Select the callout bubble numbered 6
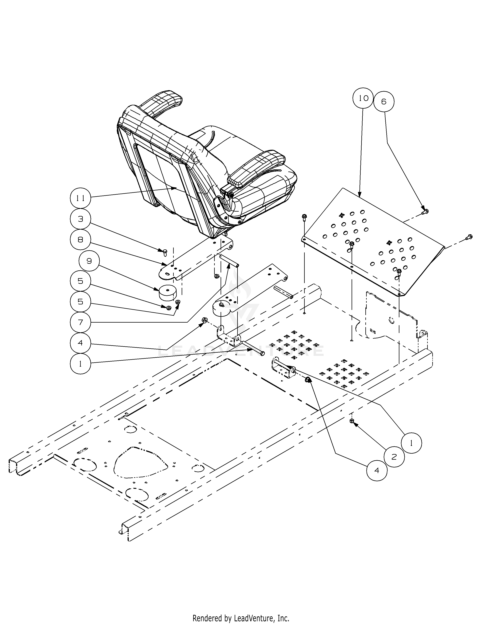384,101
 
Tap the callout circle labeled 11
81,198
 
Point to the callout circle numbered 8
81,240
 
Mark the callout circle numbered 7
81,322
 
